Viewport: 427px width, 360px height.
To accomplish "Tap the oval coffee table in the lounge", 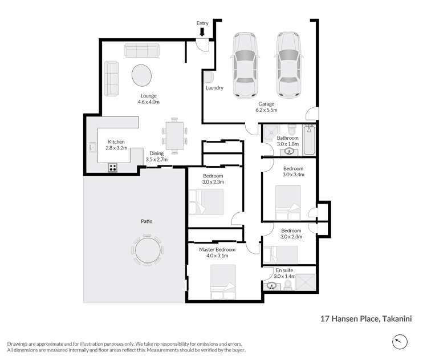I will click(x=142, y=75).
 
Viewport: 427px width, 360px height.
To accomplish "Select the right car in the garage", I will click(x=287, y=64).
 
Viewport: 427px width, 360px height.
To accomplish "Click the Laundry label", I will click(x=214, y=88).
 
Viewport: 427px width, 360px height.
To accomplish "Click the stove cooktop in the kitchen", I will click(x=113, y=168).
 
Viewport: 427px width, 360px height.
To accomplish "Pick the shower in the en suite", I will click(x=307, y=281).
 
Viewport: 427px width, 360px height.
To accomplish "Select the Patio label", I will click(x=148, y=221).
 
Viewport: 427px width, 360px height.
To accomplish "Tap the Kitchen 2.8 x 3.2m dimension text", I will click(x=116, y=148).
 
